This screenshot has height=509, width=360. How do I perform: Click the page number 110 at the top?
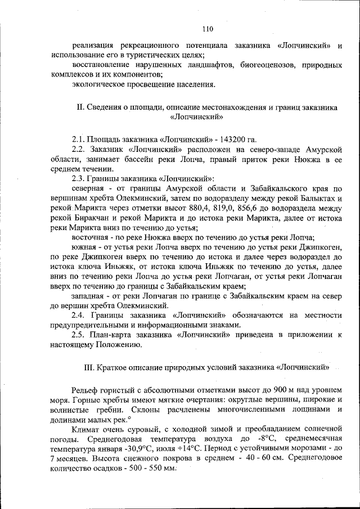click(208, 29)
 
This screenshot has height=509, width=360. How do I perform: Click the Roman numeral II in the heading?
click(79, 107)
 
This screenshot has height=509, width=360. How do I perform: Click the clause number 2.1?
click(79, 139)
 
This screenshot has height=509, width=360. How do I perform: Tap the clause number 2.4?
click(80, 315)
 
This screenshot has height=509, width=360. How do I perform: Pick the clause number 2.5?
click(80, 335)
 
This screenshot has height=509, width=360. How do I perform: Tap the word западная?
click(90, 295)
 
